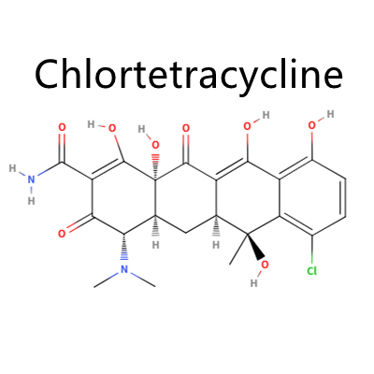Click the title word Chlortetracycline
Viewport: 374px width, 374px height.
click(189, 75)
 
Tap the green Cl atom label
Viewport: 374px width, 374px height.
click(312, 271)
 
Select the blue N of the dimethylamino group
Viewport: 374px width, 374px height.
click(124, 269)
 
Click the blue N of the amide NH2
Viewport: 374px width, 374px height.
click(31, 180)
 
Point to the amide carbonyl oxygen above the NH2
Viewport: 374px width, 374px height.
click(63, 127)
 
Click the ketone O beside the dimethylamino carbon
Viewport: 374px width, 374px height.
click(62, 233)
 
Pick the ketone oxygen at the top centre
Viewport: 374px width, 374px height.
click(186, 128)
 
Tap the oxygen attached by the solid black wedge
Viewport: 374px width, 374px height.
click(265, 265)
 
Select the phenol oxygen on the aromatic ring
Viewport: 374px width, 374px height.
click(312, 126)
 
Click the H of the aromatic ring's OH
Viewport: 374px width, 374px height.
click(330, 114)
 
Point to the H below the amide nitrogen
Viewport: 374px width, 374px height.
click(31, 201)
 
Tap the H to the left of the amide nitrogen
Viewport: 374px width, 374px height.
click(12, 168)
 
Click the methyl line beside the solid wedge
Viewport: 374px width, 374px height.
click(238, 250)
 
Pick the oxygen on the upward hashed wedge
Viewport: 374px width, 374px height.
click(155, 145)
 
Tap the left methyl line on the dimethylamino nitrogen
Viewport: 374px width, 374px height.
click(106, 280)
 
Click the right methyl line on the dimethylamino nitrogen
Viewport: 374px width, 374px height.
click(143, 280)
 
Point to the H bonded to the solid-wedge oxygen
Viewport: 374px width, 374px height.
click(254, 283)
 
